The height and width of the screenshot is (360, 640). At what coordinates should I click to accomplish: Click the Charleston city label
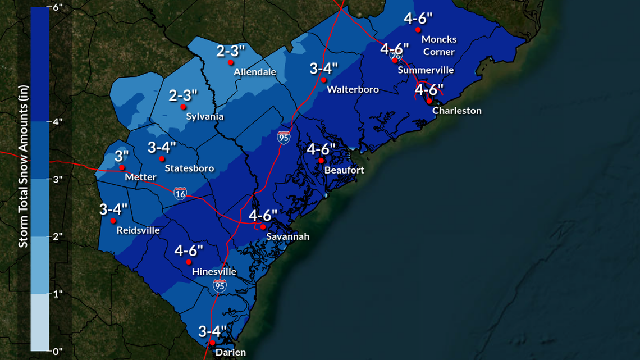456,111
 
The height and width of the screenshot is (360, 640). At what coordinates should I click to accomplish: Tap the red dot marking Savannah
263,227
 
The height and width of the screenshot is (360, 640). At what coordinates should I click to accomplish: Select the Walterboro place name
353,89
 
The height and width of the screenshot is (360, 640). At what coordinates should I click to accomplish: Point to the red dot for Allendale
230,62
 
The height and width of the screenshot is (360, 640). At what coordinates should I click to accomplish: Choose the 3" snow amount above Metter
122,156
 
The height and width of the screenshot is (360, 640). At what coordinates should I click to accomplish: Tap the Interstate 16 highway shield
180,193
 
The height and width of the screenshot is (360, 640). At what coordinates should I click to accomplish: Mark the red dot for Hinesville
189,262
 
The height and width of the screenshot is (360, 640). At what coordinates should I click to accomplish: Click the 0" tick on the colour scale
56,352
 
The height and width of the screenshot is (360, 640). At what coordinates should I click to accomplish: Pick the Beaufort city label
344,170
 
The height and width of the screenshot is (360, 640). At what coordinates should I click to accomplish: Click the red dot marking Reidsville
113,220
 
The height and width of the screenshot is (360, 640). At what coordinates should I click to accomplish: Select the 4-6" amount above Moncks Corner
418,18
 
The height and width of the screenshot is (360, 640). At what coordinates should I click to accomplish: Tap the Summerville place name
426,70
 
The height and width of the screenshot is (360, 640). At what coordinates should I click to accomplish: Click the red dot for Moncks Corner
418,29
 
